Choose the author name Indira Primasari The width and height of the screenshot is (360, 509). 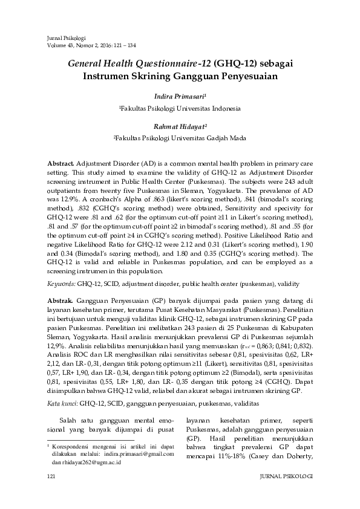(180, 96)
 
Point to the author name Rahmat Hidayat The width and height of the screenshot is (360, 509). (180, 126)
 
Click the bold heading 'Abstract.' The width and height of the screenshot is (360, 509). (61, 164)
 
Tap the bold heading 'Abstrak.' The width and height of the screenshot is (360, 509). (60, 300)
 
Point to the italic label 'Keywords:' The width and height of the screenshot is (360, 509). (61, 283)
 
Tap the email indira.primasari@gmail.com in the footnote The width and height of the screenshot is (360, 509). (139, 453)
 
